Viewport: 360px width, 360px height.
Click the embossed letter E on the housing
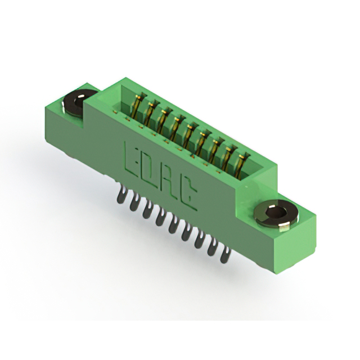pos(131,159)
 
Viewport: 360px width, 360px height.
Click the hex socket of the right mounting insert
pos(272,213)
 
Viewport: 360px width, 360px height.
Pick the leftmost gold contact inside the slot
pos(137,106)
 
